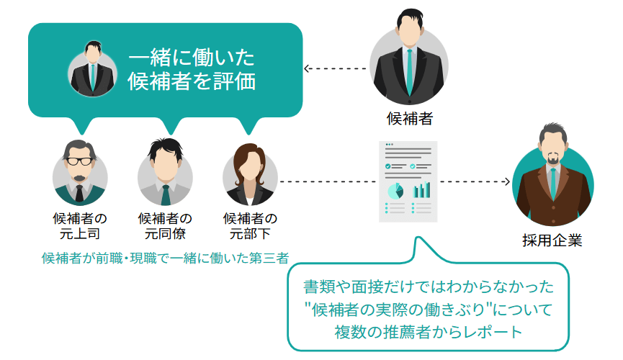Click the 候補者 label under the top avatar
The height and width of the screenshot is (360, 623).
coord(409,119)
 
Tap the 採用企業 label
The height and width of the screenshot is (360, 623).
coord(552,240)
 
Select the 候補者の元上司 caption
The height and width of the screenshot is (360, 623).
coord(80,226)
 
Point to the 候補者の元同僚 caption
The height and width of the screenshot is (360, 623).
coord(165,226)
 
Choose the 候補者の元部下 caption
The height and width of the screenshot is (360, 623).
coord(250,226)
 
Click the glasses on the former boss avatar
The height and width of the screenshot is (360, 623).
coord(80,161)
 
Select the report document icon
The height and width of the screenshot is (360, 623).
coord(408,181)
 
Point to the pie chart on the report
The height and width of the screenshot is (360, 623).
coord(395,191)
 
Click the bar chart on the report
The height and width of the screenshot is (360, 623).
coord(421,190)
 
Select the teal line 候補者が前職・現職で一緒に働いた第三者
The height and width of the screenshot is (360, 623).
coord(165,258)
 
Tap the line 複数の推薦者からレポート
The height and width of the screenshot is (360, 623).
coord(428,333)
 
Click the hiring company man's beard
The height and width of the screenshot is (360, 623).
coord(552,158)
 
